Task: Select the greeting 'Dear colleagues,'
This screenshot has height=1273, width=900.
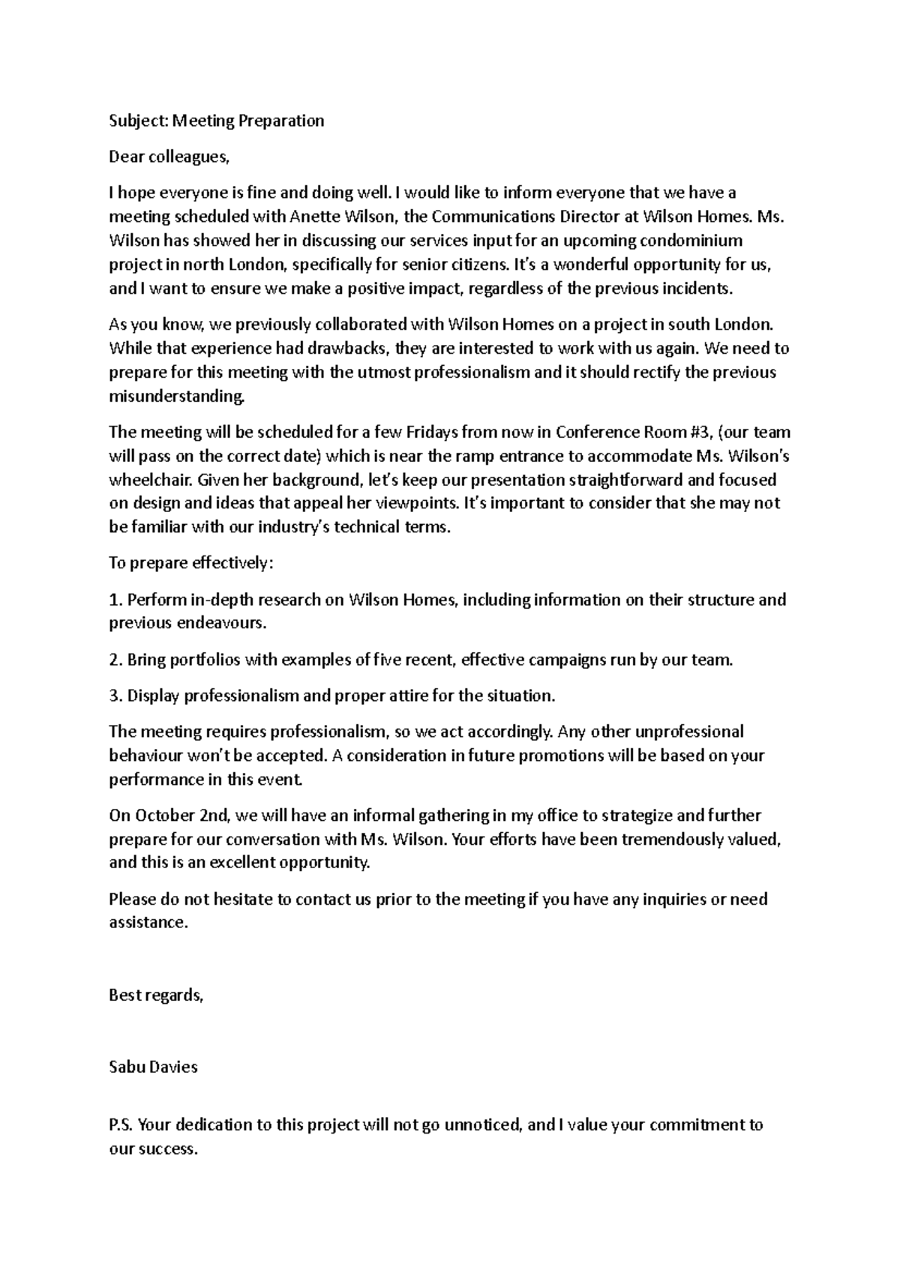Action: point(167,157)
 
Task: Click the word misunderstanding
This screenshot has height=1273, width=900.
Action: point(176,396)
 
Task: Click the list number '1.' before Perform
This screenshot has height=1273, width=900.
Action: point(115,600)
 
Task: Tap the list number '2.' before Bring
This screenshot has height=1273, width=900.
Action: point(115,660)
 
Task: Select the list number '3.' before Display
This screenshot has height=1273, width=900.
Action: point(115,696)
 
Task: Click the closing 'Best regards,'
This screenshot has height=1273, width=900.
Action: point(156,996)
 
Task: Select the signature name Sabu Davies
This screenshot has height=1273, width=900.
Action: point(153,1068)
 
